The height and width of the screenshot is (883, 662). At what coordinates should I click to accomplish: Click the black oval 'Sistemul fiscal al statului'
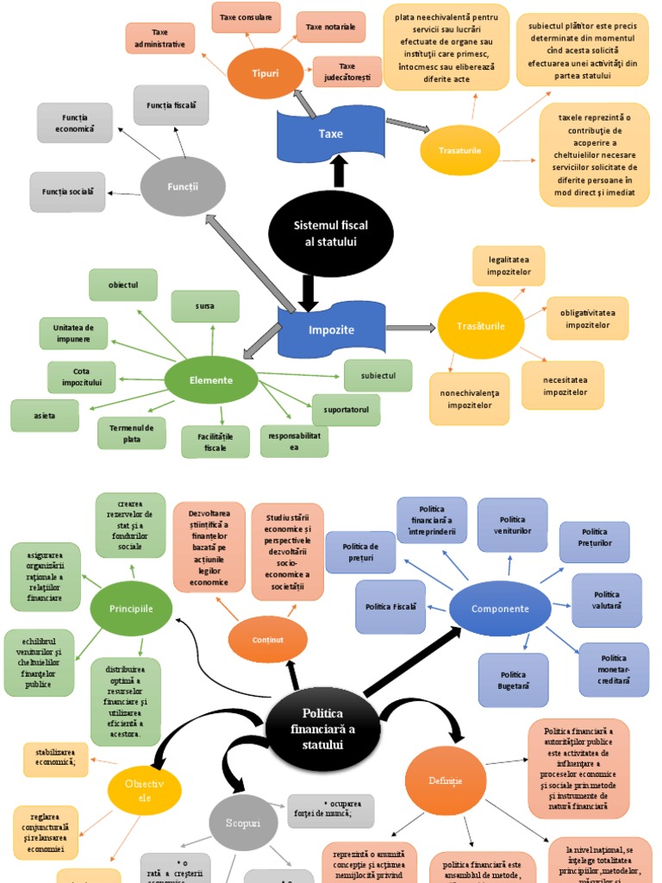330,233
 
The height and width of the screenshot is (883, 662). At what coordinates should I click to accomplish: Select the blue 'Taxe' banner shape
330,134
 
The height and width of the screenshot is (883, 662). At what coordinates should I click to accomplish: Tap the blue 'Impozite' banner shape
331,329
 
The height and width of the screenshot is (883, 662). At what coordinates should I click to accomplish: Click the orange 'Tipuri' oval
265,73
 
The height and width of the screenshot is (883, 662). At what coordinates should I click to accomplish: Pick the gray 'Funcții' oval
182,186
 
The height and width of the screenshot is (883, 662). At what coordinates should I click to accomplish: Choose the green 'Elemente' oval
211,379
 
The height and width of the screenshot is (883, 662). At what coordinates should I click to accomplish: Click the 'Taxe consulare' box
246,17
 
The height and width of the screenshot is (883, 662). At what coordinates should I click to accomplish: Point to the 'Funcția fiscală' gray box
171,105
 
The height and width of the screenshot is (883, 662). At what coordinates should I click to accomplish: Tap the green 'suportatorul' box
346,410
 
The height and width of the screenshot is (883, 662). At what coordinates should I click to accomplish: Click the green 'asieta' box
45,416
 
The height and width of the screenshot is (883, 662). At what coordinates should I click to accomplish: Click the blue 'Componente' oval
500,609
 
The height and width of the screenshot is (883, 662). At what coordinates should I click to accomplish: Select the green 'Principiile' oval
131,609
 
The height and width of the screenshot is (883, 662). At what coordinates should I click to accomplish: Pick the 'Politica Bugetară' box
513,679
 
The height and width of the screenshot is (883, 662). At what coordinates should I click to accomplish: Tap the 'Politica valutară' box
607,600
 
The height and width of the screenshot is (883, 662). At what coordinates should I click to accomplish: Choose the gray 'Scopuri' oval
242,824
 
